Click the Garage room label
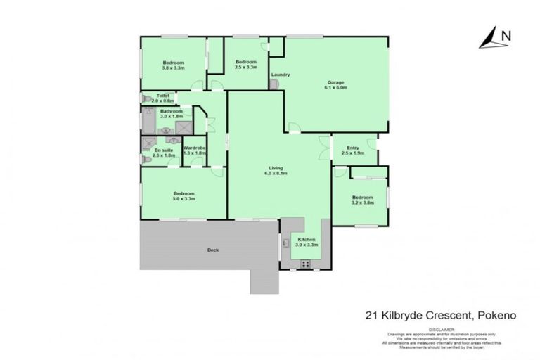[335, 82]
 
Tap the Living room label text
[276, 168]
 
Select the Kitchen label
[307, 240]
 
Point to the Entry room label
[353, 147]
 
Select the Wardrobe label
[194, 148]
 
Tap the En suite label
[163, 150]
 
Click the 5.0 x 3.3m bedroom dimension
[184, 199]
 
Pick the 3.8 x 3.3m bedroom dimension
[173, 68]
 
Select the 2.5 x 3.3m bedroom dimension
[246, 67]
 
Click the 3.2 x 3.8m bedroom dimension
[363, 202]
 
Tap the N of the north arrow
[506, 34]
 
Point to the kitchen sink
[286, 243]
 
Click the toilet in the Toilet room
[146, 99]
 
